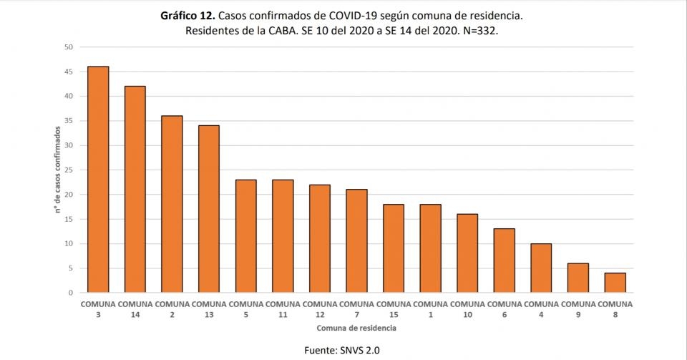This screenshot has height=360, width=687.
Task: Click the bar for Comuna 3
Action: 98,179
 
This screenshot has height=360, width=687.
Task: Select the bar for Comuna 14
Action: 135,189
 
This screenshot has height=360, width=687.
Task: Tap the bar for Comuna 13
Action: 209,209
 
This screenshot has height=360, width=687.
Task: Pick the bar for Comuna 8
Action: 615,283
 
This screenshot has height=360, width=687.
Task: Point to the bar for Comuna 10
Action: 467,253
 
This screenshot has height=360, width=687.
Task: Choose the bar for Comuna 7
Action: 356,241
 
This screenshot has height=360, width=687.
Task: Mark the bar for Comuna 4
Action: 541,268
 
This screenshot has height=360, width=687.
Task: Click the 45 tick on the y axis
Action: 69,72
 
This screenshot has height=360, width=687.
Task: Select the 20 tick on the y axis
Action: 69,195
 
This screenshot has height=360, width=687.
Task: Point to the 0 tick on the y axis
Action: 71,293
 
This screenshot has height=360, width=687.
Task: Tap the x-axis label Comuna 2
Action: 172,309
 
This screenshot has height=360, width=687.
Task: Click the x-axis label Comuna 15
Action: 394,309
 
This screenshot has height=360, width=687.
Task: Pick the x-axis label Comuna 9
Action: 578,309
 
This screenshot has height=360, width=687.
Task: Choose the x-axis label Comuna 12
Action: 320,309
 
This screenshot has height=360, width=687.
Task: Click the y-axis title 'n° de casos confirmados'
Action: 57,170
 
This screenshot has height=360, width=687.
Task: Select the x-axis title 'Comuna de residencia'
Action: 356,328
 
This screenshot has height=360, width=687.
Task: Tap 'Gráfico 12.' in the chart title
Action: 187,16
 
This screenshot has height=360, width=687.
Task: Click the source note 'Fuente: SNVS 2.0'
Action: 342,351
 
